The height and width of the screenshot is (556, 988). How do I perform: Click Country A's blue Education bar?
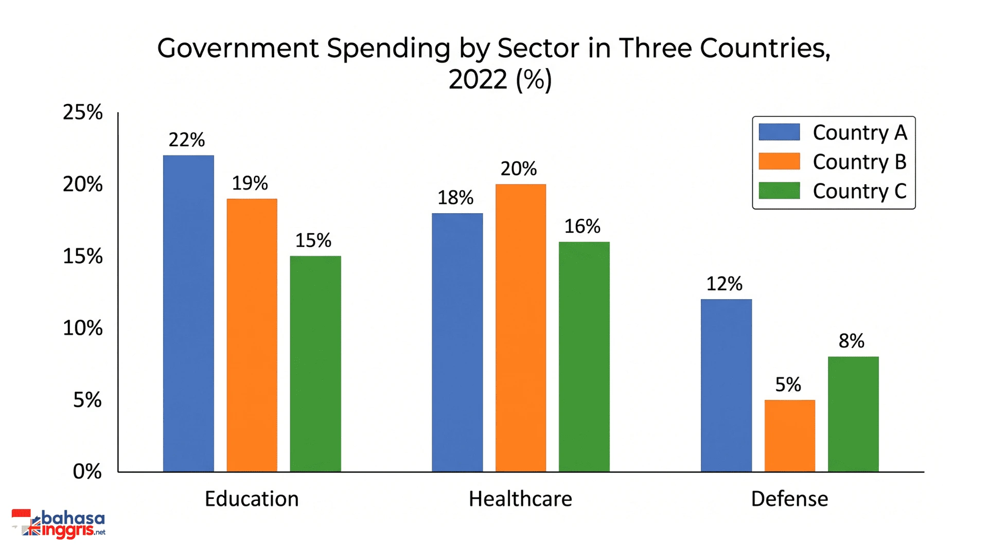[x=188, y=314]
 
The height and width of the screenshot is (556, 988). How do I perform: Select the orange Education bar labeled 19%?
[x=252, y=335]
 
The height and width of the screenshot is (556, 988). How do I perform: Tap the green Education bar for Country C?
[x=315, y=364]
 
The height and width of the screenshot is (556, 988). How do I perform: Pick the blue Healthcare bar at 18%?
[x=457, y=342]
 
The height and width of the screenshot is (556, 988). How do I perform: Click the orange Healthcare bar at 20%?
[x=521, y=328]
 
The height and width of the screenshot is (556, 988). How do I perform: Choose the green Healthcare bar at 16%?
[x=584, y=357]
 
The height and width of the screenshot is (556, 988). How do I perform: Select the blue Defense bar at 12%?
[x=726, y=386]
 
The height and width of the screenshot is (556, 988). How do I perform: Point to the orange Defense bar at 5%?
[x=790, y=436]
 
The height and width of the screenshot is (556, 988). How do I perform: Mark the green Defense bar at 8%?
[x=853, y=414]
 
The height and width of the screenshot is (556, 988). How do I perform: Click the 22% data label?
[x=187, y=140]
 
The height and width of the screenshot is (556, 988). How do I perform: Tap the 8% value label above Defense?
[x=852, y=341]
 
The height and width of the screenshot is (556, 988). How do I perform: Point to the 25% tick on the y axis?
[x=83, y=112]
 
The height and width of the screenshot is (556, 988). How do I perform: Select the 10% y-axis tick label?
[x=83, y=328]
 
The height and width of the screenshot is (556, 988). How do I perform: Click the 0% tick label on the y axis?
[x=87, y=472]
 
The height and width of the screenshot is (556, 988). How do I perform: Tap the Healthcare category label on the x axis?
[x=520, y=499]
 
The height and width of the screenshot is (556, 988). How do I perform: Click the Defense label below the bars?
[x=789, y=499]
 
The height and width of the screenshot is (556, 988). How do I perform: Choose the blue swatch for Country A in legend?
[x=779, y=132]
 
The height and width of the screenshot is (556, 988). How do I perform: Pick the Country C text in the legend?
[x=860, y=191]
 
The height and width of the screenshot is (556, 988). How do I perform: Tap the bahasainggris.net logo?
[x=58, y=524]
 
